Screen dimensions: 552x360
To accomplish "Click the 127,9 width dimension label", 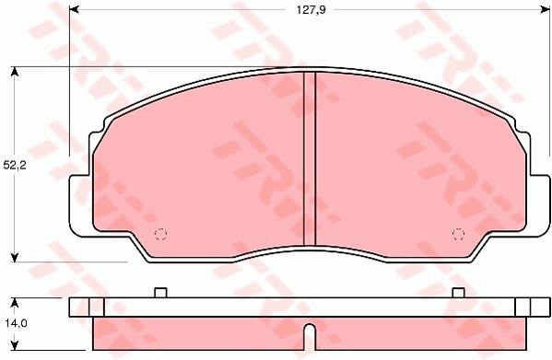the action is coord(311,10).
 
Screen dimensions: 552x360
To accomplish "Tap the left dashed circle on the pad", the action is coord(160,234).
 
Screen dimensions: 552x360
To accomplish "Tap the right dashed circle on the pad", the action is coord(458,234).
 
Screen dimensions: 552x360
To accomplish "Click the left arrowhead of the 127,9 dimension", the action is coord(74,10).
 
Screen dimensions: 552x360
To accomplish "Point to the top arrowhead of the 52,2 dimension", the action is coord(14,72).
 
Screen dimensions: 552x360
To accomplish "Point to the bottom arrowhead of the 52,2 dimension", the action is coord(14,258).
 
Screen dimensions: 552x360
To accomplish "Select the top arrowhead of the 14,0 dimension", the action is coord(14,303).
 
